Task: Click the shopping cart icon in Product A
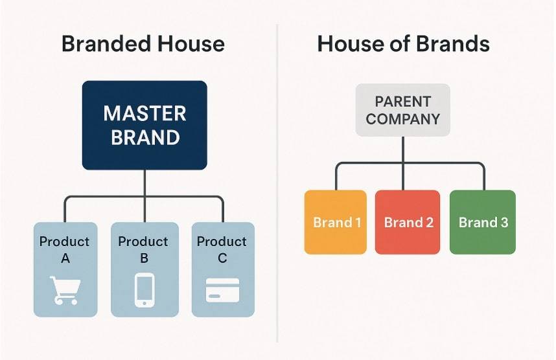point(65,290)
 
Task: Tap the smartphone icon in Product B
point(145,290)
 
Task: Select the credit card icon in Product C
point(223,290)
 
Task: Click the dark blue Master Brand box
point(145,125)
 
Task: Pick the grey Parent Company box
point(403,110)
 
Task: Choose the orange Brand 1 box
point(336,222)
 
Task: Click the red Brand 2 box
point(408,222)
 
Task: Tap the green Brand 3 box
point(483,222)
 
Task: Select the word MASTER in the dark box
point(145,113)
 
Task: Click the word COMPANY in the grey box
point(403,119)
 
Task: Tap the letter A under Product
point(65,258)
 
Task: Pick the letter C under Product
point(222,258)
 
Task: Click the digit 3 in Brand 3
point(504,223)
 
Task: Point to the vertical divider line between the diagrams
point(277,183)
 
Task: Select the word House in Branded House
point(191,43)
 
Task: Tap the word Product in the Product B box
point(143,242)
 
